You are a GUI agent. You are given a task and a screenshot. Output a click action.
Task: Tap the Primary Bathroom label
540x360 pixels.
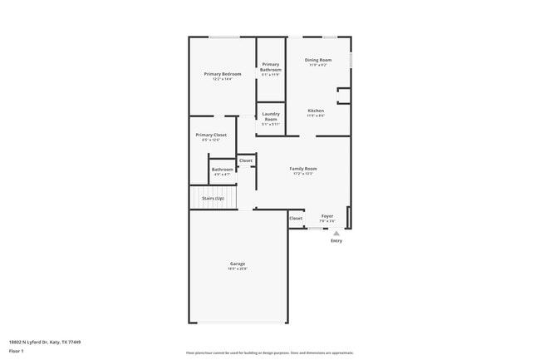coord(271,67)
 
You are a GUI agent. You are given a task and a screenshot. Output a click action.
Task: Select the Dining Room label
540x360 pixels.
coord(318,60)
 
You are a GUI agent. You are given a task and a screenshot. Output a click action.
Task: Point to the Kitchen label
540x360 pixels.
coord(316,111)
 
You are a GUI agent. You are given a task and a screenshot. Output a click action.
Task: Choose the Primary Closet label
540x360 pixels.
coord(211,135)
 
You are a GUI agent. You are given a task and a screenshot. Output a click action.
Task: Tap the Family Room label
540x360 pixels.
coord(303,169)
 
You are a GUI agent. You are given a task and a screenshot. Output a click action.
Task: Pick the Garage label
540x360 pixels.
coord(238,264)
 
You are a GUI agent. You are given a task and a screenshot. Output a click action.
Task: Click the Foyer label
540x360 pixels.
coord(327,216)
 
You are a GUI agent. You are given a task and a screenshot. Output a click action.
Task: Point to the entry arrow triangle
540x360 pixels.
coord(336,234)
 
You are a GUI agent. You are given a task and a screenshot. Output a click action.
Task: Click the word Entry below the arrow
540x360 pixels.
coord(336,241)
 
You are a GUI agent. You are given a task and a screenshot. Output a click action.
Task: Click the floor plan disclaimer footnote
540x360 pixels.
coord(270,353)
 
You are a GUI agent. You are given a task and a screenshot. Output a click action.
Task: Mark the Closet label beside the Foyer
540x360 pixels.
coord(296,219)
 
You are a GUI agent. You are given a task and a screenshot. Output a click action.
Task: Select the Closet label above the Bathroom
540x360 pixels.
coord(246,160)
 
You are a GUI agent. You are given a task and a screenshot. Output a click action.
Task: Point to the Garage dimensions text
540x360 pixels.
coord(238,269)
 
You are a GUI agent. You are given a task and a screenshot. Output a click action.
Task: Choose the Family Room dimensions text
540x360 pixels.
coord(303,174)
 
